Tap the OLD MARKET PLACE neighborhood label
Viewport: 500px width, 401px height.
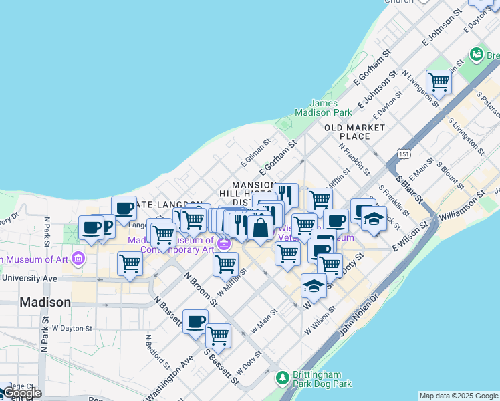355,132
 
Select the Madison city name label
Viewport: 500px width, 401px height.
45,302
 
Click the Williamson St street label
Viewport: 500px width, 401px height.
461,207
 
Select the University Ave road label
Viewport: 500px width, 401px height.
30,278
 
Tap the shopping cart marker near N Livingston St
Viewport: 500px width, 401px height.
439,82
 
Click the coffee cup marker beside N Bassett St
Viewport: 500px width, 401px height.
195,321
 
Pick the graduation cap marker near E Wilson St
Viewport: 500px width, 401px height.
314,286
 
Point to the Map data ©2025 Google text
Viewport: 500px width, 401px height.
459,396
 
